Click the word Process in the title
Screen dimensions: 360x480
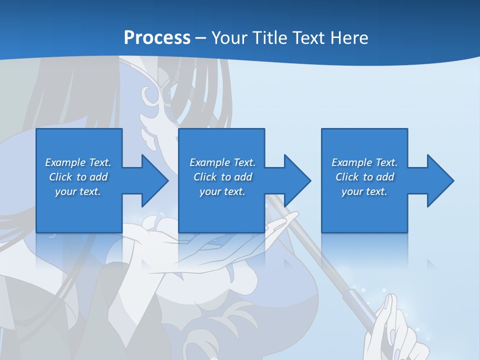click(157, 38)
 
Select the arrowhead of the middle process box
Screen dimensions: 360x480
click(296, 180)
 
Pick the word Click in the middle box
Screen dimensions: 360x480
click(205, 177)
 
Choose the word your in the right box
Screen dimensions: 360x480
click(352, 191)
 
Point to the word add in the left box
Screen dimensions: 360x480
click(98, 177)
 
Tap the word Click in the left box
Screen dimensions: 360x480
click(60, 177)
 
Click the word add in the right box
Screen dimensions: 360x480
click(385, 177)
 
